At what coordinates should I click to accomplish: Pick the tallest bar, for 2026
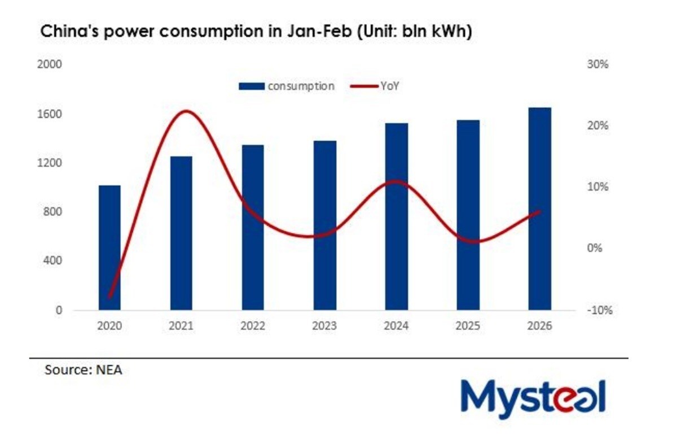pyautogui.click(x=539, y=209)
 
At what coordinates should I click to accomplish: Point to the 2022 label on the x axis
pyautogui.click(x=253, y=326)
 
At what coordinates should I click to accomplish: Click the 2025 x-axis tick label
pyautogui.click(x=468, y=326)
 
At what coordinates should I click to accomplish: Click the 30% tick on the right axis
pyautogui.click(x=598, y=65)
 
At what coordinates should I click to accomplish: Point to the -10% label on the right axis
pyautogui.click(x=597, y=310)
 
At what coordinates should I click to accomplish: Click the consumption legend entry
pyautogui.click(x=287, y=86)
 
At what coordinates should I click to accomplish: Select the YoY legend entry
pyautogui.click(x=376, y=86)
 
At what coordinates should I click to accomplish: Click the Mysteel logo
pyautogui.click(x=533, y=397)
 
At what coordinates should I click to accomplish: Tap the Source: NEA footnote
pyautogui.click(x=83, y=371)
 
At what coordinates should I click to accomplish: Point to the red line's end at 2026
pyautogui.click(x=539, y=211)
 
